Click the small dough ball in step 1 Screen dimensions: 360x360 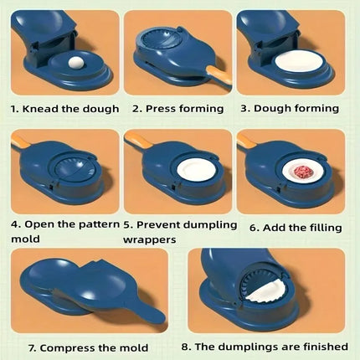point(54,61)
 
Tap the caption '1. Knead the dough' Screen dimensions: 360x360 point(64,108)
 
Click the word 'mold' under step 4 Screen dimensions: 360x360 point(26,239)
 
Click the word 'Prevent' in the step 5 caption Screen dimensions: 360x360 point(157,224)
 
